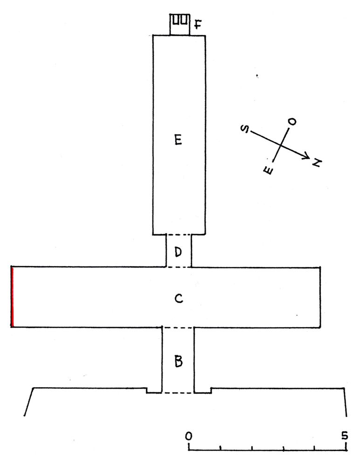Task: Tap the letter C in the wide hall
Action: point(179,298)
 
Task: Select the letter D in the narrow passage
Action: point(178,252)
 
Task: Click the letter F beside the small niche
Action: point(198,24)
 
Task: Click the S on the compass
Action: point(245,129)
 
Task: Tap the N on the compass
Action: point(317,163)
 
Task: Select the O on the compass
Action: point(292,122)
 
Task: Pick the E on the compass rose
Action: point(268,170)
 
